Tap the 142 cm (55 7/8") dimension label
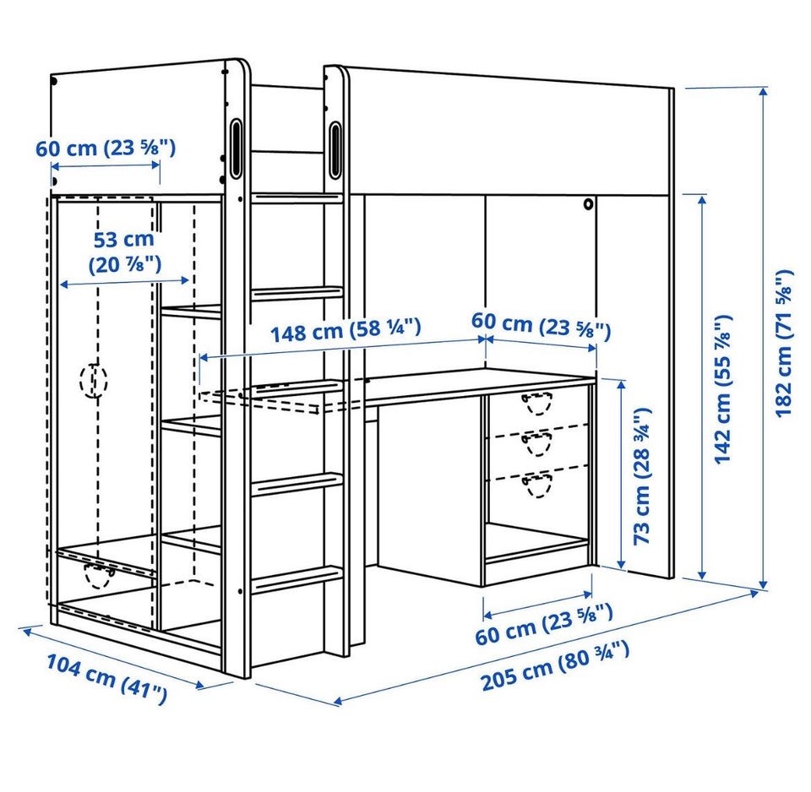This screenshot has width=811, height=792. tap(723, 388)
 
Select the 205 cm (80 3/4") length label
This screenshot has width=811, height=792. tap(556, 665)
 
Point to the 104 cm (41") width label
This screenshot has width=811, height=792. tap(107, 679)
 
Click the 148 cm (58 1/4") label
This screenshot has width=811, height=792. tap(346, 330)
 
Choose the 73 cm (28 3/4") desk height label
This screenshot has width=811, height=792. tap(642, 475)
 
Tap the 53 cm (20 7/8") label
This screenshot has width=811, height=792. tap(125, 252)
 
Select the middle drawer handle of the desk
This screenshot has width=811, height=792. tap(537, 443)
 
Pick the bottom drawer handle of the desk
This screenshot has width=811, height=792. tap(537, 485)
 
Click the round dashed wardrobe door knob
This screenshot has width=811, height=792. tap(94, 380)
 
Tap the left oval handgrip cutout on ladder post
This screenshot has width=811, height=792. tap(236, 149)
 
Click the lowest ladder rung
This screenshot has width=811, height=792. tap(297, 579)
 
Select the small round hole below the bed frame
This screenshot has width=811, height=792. tap(588, 204)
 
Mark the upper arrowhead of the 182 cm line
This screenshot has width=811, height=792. tap(763, 91)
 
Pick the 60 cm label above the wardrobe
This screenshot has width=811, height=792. tap(106, 149)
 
